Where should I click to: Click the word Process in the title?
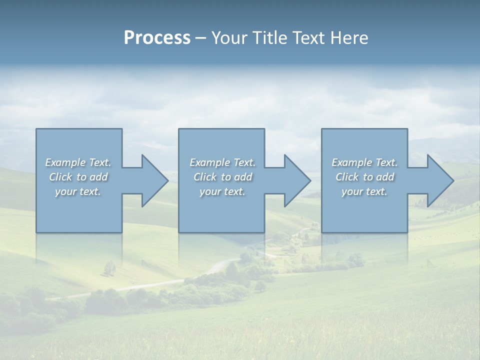pyautogui.click(x=157, y=38)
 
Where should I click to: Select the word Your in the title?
pyautogui.click(x=230, y=38)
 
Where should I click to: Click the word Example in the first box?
pyautogui.click(x=65, y=162)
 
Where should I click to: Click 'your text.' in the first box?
pyautogui.click(x=78, y=191)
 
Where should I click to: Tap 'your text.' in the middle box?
pyautogui.click(x=222, y=191)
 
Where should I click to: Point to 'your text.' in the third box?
pyautogui.click(x=364, y=191)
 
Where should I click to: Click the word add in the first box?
pyautogui.click(x=99, y=177)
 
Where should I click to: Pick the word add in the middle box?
pyautogui.click(x=243, y=177)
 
